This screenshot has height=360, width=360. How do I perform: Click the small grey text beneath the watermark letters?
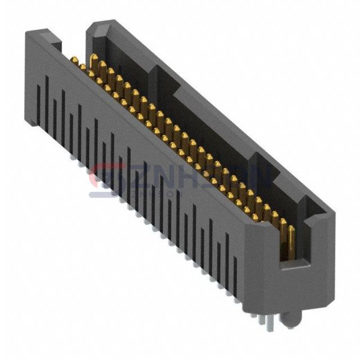pyautogui.click(x=144, y=193)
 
